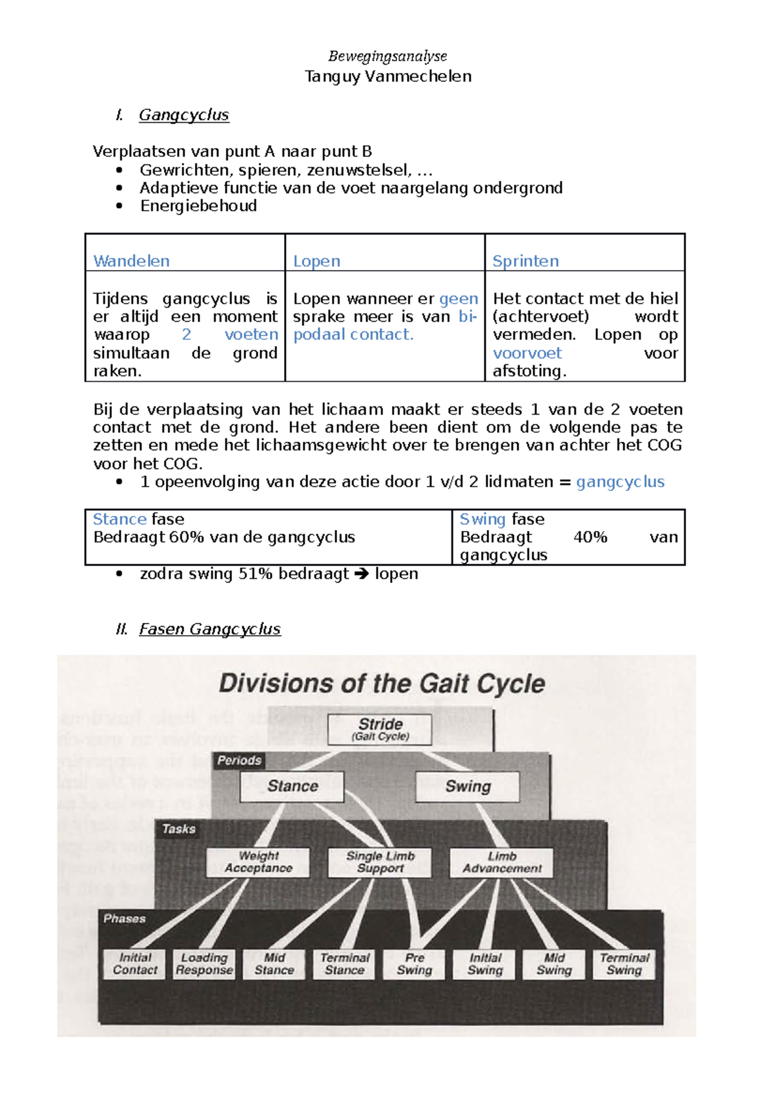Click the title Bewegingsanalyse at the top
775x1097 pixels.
click(387, 56)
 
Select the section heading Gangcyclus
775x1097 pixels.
click(184, 115)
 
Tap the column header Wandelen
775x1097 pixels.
click(132, 261)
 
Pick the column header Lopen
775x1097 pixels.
click(316, 261)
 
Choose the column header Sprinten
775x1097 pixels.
click(526, 261)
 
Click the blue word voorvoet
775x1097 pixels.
click(527, 353)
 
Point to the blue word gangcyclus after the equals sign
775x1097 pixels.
click(620, 482)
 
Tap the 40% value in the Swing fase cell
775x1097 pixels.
click(590, 538)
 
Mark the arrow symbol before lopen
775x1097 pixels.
click(362, 574)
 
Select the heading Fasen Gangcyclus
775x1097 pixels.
click(210, 629)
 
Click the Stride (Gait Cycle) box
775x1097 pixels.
click(380, 729)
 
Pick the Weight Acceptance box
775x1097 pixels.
click(258, 862)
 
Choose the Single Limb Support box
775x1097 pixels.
click(380, 862)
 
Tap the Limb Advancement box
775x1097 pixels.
click(502, 862)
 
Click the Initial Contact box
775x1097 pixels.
click(135, 964)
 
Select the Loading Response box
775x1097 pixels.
click(204, 964)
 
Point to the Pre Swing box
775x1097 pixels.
click(415, 964)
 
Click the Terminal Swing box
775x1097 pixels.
click(624, 964)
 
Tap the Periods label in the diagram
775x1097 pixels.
click(239, 760)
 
